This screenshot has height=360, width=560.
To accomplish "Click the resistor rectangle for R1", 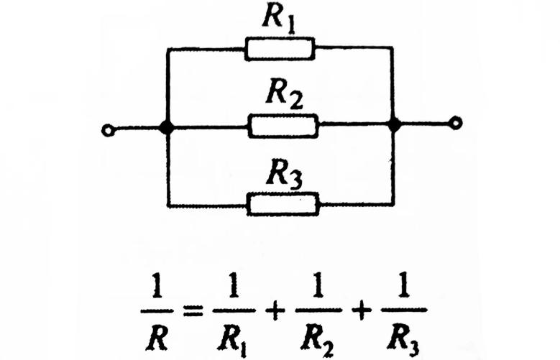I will click(280, 48).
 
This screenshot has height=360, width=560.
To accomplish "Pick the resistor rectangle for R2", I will click(283, 126).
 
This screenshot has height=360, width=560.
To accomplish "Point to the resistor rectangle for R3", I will click(283, 204).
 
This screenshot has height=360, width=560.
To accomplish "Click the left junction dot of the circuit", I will click(167, 126).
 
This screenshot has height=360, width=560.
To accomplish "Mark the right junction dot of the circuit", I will click(394, 126).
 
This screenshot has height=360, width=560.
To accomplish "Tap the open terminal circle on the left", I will click(108, 131).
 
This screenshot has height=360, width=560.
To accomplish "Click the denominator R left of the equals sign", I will click(162, 333).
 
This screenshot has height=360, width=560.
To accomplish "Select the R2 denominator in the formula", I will click(318, 334).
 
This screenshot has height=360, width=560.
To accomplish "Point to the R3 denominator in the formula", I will click(401, 334).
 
